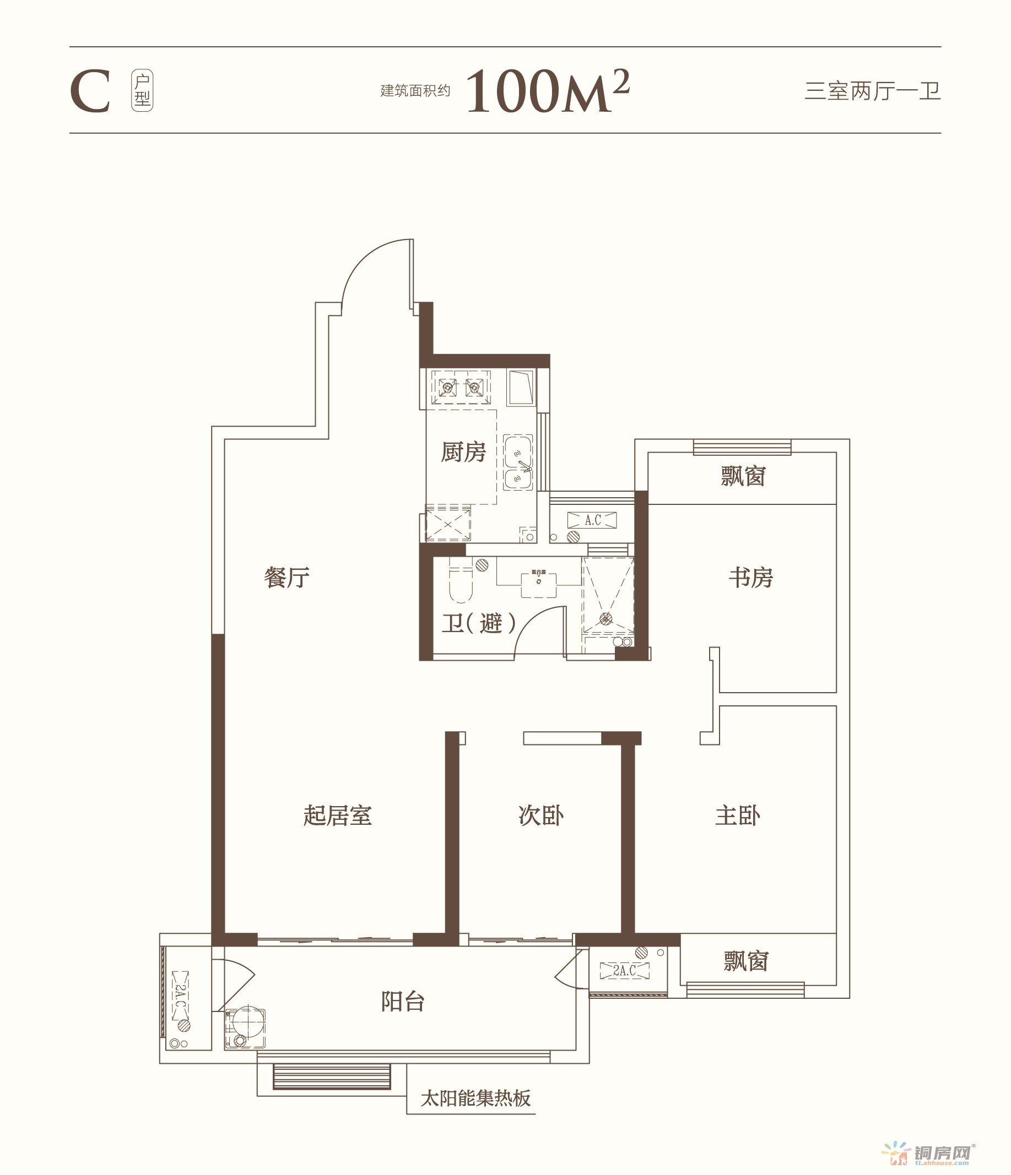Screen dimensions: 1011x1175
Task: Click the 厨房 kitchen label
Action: (x=463, y=452)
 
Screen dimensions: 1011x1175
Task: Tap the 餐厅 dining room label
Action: (x=286, y=578)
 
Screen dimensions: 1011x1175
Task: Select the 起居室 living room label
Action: (x=338, y=815)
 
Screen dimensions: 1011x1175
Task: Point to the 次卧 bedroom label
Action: (x=540, y=815)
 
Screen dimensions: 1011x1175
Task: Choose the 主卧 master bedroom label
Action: (x=738, y=815)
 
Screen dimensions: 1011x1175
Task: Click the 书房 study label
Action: (x=750, y=578)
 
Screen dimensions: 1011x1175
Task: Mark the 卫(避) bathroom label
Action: (x=479, y=623)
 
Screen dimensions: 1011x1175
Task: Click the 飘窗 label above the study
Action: (x=743, y=476)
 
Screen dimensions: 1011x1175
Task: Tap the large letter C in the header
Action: (x=90, y=91)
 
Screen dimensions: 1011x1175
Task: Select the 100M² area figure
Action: (x=548, y=91)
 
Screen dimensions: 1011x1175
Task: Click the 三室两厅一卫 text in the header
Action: (x=873, y=91)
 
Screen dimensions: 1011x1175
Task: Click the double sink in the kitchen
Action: (x=518, y=463)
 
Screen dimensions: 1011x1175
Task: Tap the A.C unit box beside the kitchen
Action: (x=592, y=520)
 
